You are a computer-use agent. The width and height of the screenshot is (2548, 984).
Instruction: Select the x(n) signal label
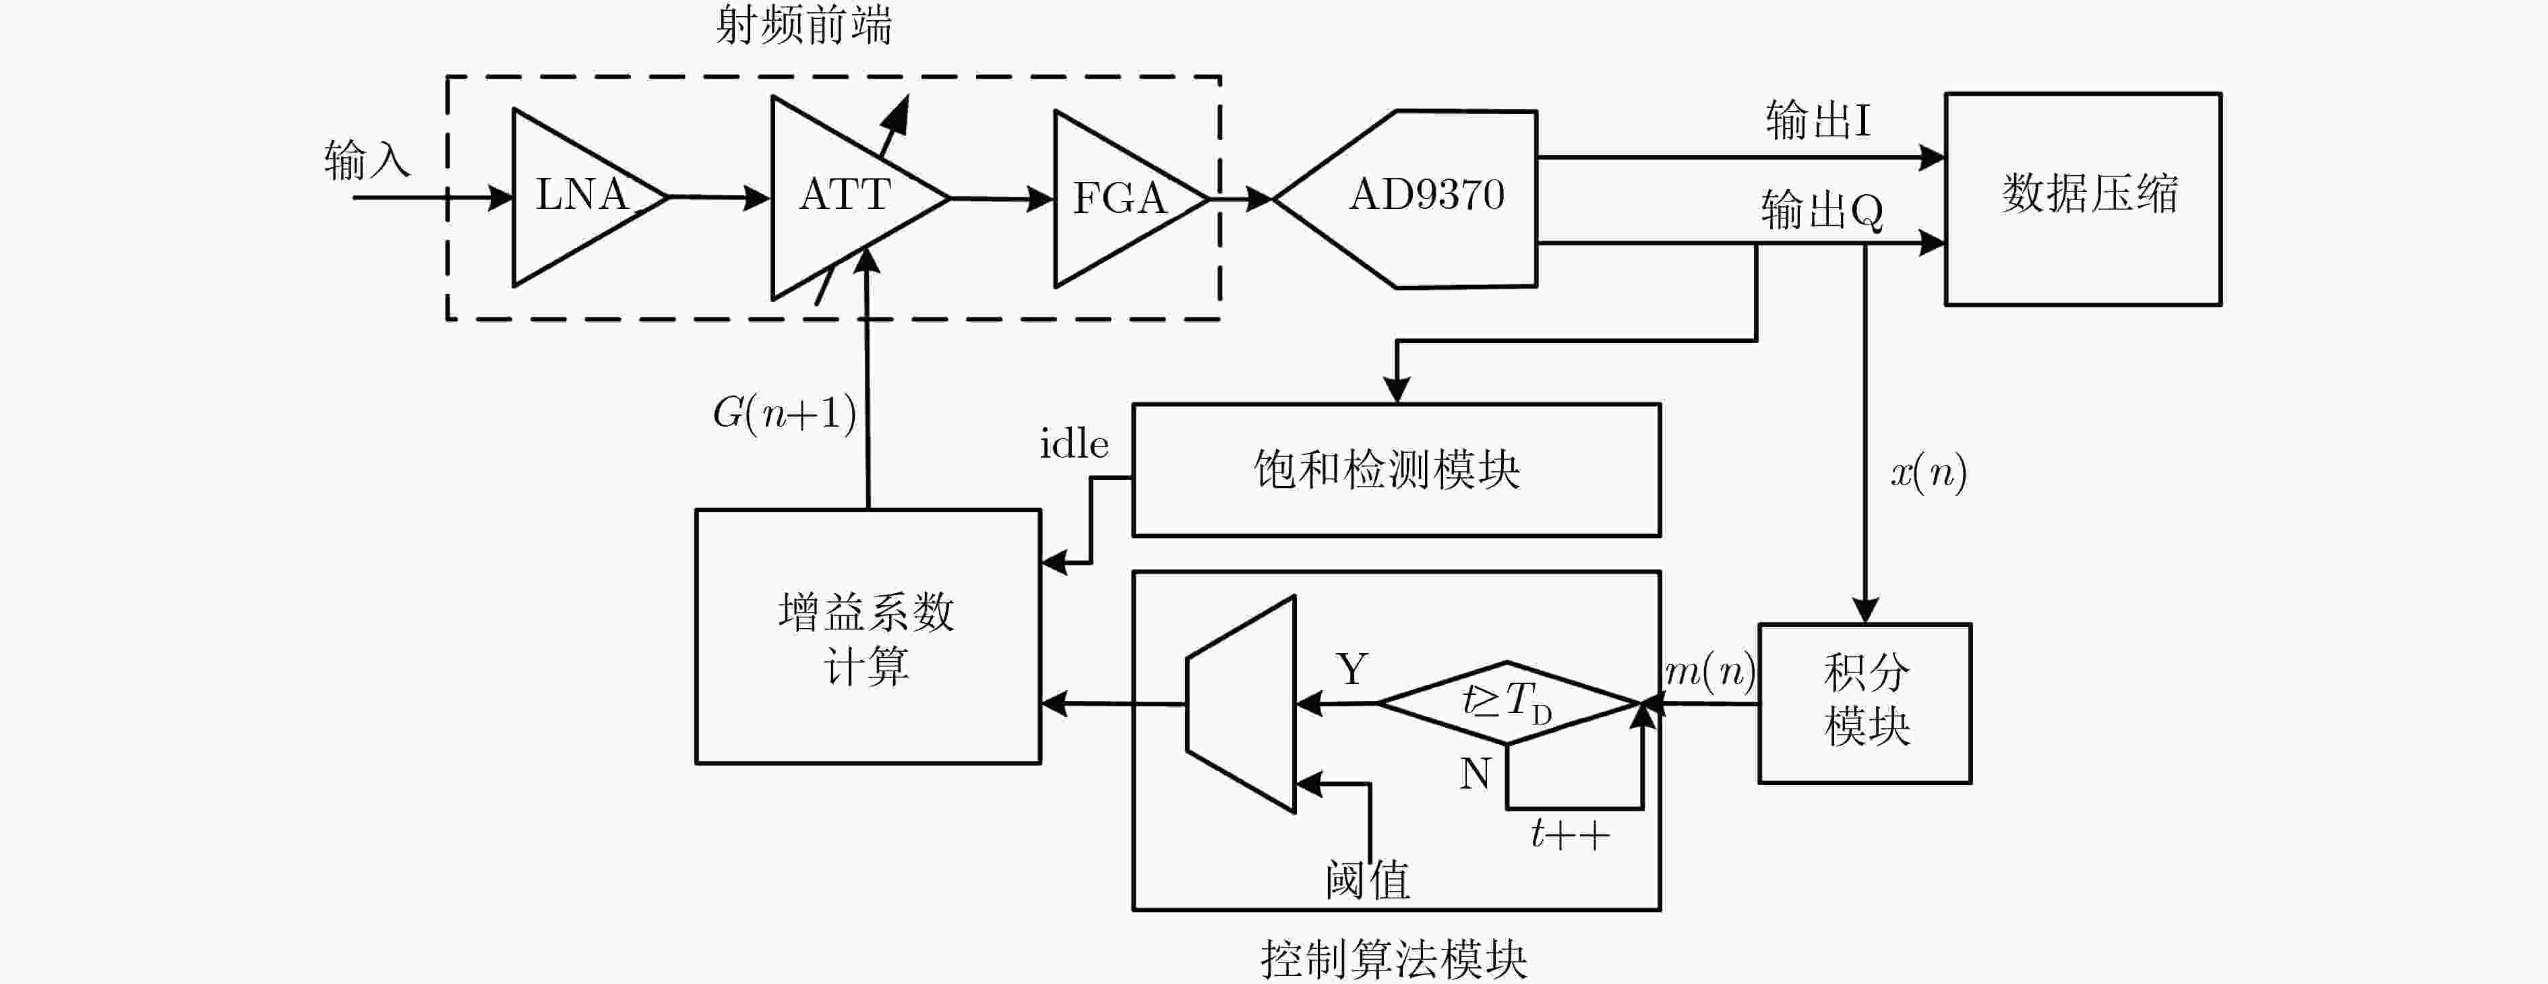pos(1929,472)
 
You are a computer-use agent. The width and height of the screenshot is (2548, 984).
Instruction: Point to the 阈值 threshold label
pos(1368,879)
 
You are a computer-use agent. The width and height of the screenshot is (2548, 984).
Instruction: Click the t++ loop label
pos(1570,834)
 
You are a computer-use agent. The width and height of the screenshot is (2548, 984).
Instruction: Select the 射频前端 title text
pos(804,25)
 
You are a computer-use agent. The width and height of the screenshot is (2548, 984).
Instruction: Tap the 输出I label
pos(1818,120)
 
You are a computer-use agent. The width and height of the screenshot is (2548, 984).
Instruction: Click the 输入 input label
pos(367,160)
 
